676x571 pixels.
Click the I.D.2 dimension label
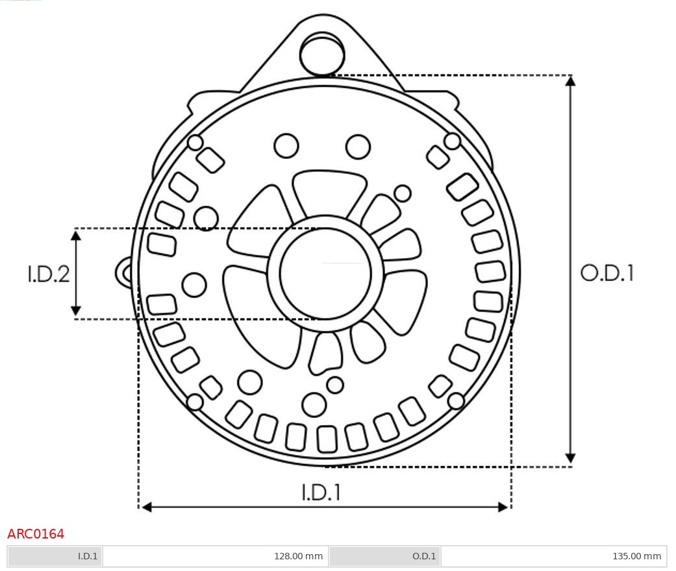point(48,274)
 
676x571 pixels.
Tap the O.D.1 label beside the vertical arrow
point(607,273)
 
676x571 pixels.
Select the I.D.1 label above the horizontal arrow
point(321,492)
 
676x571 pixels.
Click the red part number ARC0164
point(36,534)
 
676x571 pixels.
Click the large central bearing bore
point(325,274)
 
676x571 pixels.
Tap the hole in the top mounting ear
point(322,53)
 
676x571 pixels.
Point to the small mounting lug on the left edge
point(124,273)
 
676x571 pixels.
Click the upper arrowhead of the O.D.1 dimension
point(570,81)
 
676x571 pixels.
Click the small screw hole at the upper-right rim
point(452,141)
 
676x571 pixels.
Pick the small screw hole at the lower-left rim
point(195,402)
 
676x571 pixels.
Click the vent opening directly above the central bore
point(329,192)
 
